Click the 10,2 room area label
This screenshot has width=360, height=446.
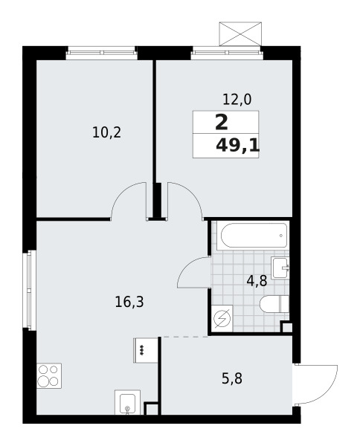(x=106, y=132)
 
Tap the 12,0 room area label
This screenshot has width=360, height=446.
(x=237, y=100)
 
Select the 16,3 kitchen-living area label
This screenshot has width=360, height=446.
(x=129, y=302)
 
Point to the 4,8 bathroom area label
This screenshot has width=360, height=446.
(x=257, y=281)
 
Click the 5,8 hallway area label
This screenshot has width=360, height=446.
(x=232, y=379)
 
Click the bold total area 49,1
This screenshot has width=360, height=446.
(x=237, y=146)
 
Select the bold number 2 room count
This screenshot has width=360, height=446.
(x=222, y=123)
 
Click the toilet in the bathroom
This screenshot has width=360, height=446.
(x=274, y=304)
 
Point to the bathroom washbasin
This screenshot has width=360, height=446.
(x=280, y=268)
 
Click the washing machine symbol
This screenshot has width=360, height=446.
(x=223, y=318)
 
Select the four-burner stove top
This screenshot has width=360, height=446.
(x=49, y=375)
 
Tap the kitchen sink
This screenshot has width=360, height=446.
(x=127, y=402)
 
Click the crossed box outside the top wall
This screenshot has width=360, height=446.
(x=240, y=33)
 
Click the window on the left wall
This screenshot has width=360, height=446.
(x=31, y=290)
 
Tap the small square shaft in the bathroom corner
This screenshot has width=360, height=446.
(x=286, y=327)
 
